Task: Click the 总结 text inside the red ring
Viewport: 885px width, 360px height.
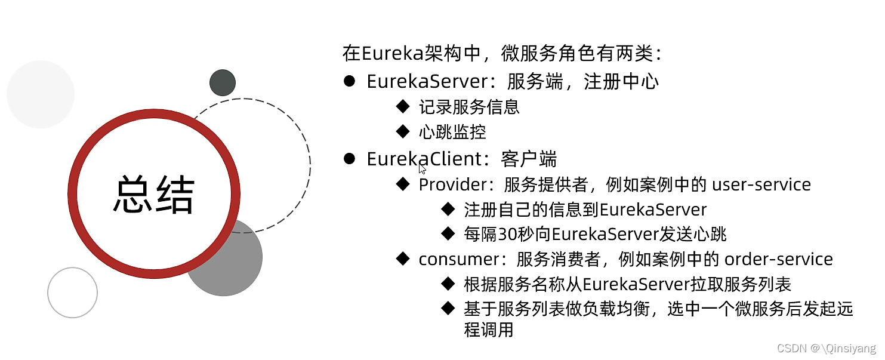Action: pyautogui.click(x=154, y=195)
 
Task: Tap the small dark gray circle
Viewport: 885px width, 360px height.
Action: pyautogui.click(x=223, y=83)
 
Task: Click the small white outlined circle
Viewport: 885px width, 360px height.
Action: pyautogui.click(x=72, y=293)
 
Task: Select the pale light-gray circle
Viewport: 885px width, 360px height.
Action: pyautogui.click(x=41, y=94)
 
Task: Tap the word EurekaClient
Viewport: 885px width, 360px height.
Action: pyautogui.click(x=424, y=159)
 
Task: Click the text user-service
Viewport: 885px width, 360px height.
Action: pyautogui.click(x=761, y=184)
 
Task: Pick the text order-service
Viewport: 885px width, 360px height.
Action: pyautogui.click(x=778, y=259)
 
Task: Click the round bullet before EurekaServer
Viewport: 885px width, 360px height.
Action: pyautogui.click(x=349, y=81)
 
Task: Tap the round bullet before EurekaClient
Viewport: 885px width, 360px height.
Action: pyautogui.click(x=349, y=158)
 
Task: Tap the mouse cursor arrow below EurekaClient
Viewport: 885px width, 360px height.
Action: pyautogui.click(x=422, y=168)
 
